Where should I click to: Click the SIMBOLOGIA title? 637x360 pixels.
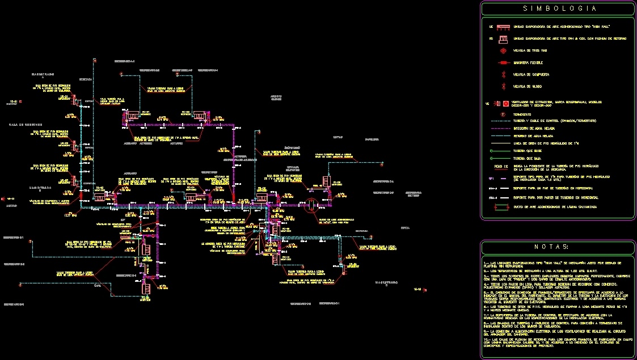559,9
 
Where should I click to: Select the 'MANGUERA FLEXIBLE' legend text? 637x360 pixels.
533,62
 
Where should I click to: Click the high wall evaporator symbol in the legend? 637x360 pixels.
503,27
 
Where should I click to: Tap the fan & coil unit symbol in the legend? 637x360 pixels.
503,39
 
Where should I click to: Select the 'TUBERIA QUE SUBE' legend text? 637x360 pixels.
528,151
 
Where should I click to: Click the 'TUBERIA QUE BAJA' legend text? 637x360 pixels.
528,159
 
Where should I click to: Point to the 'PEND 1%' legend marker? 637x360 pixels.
500,167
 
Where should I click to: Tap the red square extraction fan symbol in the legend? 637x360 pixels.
504,104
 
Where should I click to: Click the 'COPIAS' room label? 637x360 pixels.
339,137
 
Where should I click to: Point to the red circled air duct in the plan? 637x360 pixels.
311,206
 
